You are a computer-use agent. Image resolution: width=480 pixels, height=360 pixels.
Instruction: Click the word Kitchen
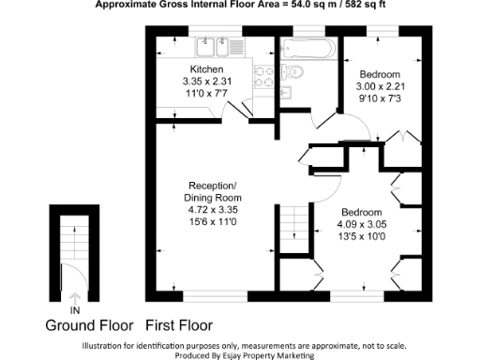click(x=206, y=70)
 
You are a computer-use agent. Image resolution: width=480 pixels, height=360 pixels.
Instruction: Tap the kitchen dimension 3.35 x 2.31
click(x=206, y=82)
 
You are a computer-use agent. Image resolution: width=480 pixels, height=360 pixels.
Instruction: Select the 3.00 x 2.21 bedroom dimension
click(x=381, y=86)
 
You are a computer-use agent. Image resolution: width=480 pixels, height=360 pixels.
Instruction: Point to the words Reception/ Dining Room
click(x=216, y=191)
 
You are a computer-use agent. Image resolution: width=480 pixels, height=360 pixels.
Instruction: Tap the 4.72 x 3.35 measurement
click(x=216, y=211)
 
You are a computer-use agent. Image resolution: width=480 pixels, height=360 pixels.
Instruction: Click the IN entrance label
click(x=74, y=309)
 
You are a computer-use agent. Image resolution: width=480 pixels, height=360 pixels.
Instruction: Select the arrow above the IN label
click(x=74, y=297)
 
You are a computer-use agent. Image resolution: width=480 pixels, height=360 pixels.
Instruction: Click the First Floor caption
click(x=178, y=326)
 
